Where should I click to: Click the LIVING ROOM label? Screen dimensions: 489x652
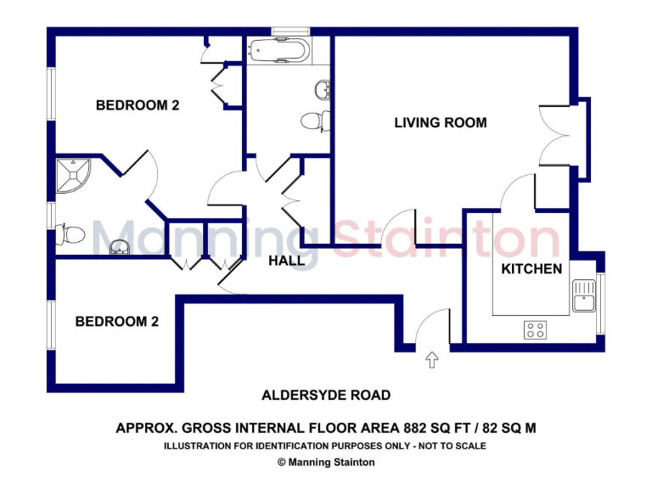pos(441,123)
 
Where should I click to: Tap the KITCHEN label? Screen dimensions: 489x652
pos(531,269)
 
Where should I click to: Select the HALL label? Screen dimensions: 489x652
pos(286,261)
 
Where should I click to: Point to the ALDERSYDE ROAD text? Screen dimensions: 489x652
pos(326,395)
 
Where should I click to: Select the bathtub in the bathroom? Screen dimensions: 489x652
pos(278,51)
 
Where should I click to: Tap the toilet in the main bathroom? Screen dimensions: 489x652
pos(313,121)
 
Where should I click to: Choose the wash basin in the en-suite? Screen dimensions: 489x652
pos(121,248)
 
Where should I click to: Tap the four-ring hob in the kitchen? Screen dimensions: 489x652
pos(535,330)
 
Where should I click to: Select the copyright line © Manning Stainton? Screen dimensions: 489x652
pos(326,463)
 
